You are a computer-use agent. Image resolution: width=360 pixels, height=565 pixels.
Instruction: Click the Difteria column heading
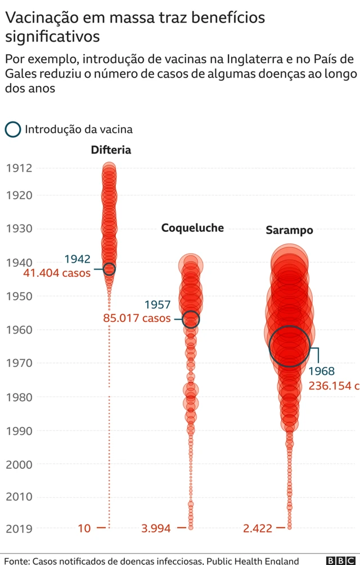tap(111, 150)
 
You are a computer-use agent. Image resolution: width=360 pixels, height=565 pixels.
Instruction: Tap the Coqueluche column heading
tap(192, 227)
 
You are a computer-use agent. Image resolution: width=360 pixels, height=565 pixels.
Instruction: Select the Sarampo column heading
tap(289, 230)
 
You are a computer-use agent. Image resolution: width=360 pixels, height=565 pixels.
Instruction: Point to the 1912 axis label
tap(19, 168)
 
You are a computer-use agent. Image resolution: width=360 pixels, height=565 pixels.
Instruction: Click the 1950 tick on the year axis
tap(19, 296)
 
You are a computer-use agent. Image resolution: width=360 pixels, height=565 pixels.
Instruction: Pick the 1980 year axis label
tap(19, 397)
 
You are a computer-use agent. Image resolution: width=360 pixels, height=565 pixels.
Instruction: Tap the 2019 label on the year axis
tap(19, 528)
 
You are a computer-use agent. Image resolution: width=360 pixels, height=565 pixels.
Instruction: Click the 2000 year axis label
tap(19, 465)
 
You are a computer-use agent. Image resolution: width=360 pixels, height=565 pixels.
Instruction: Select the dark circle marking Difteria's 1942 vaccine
tap(109, 269)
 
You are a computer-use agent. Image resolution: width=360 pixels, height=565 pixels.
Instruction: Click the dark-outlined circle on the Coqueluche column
tap(191, 319)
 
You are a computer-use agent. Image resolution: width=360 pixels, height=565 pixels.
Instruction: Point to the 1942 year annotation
tap(77, 259)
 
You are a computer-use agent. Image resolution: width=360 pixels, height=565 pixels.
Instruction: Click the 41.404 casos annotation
tap(57, 273)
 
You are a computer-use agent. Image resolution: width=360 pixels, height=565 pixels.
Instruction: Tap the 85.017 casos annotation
tap(137, 318)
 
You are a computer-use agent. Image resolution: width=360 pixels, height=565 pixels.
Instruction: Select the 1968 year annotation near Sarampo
tap(321, 371)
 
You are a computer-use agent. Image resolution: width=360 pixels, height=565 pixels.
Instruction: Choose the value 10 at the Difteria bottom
tap(84, 528)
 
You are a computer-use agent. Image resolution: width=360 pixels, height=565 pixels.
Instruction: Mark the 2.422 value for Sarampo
tap(258, 528)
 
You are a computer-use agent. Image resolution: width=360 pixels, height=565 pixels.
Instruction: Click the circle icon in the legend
tap(13, 129)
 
